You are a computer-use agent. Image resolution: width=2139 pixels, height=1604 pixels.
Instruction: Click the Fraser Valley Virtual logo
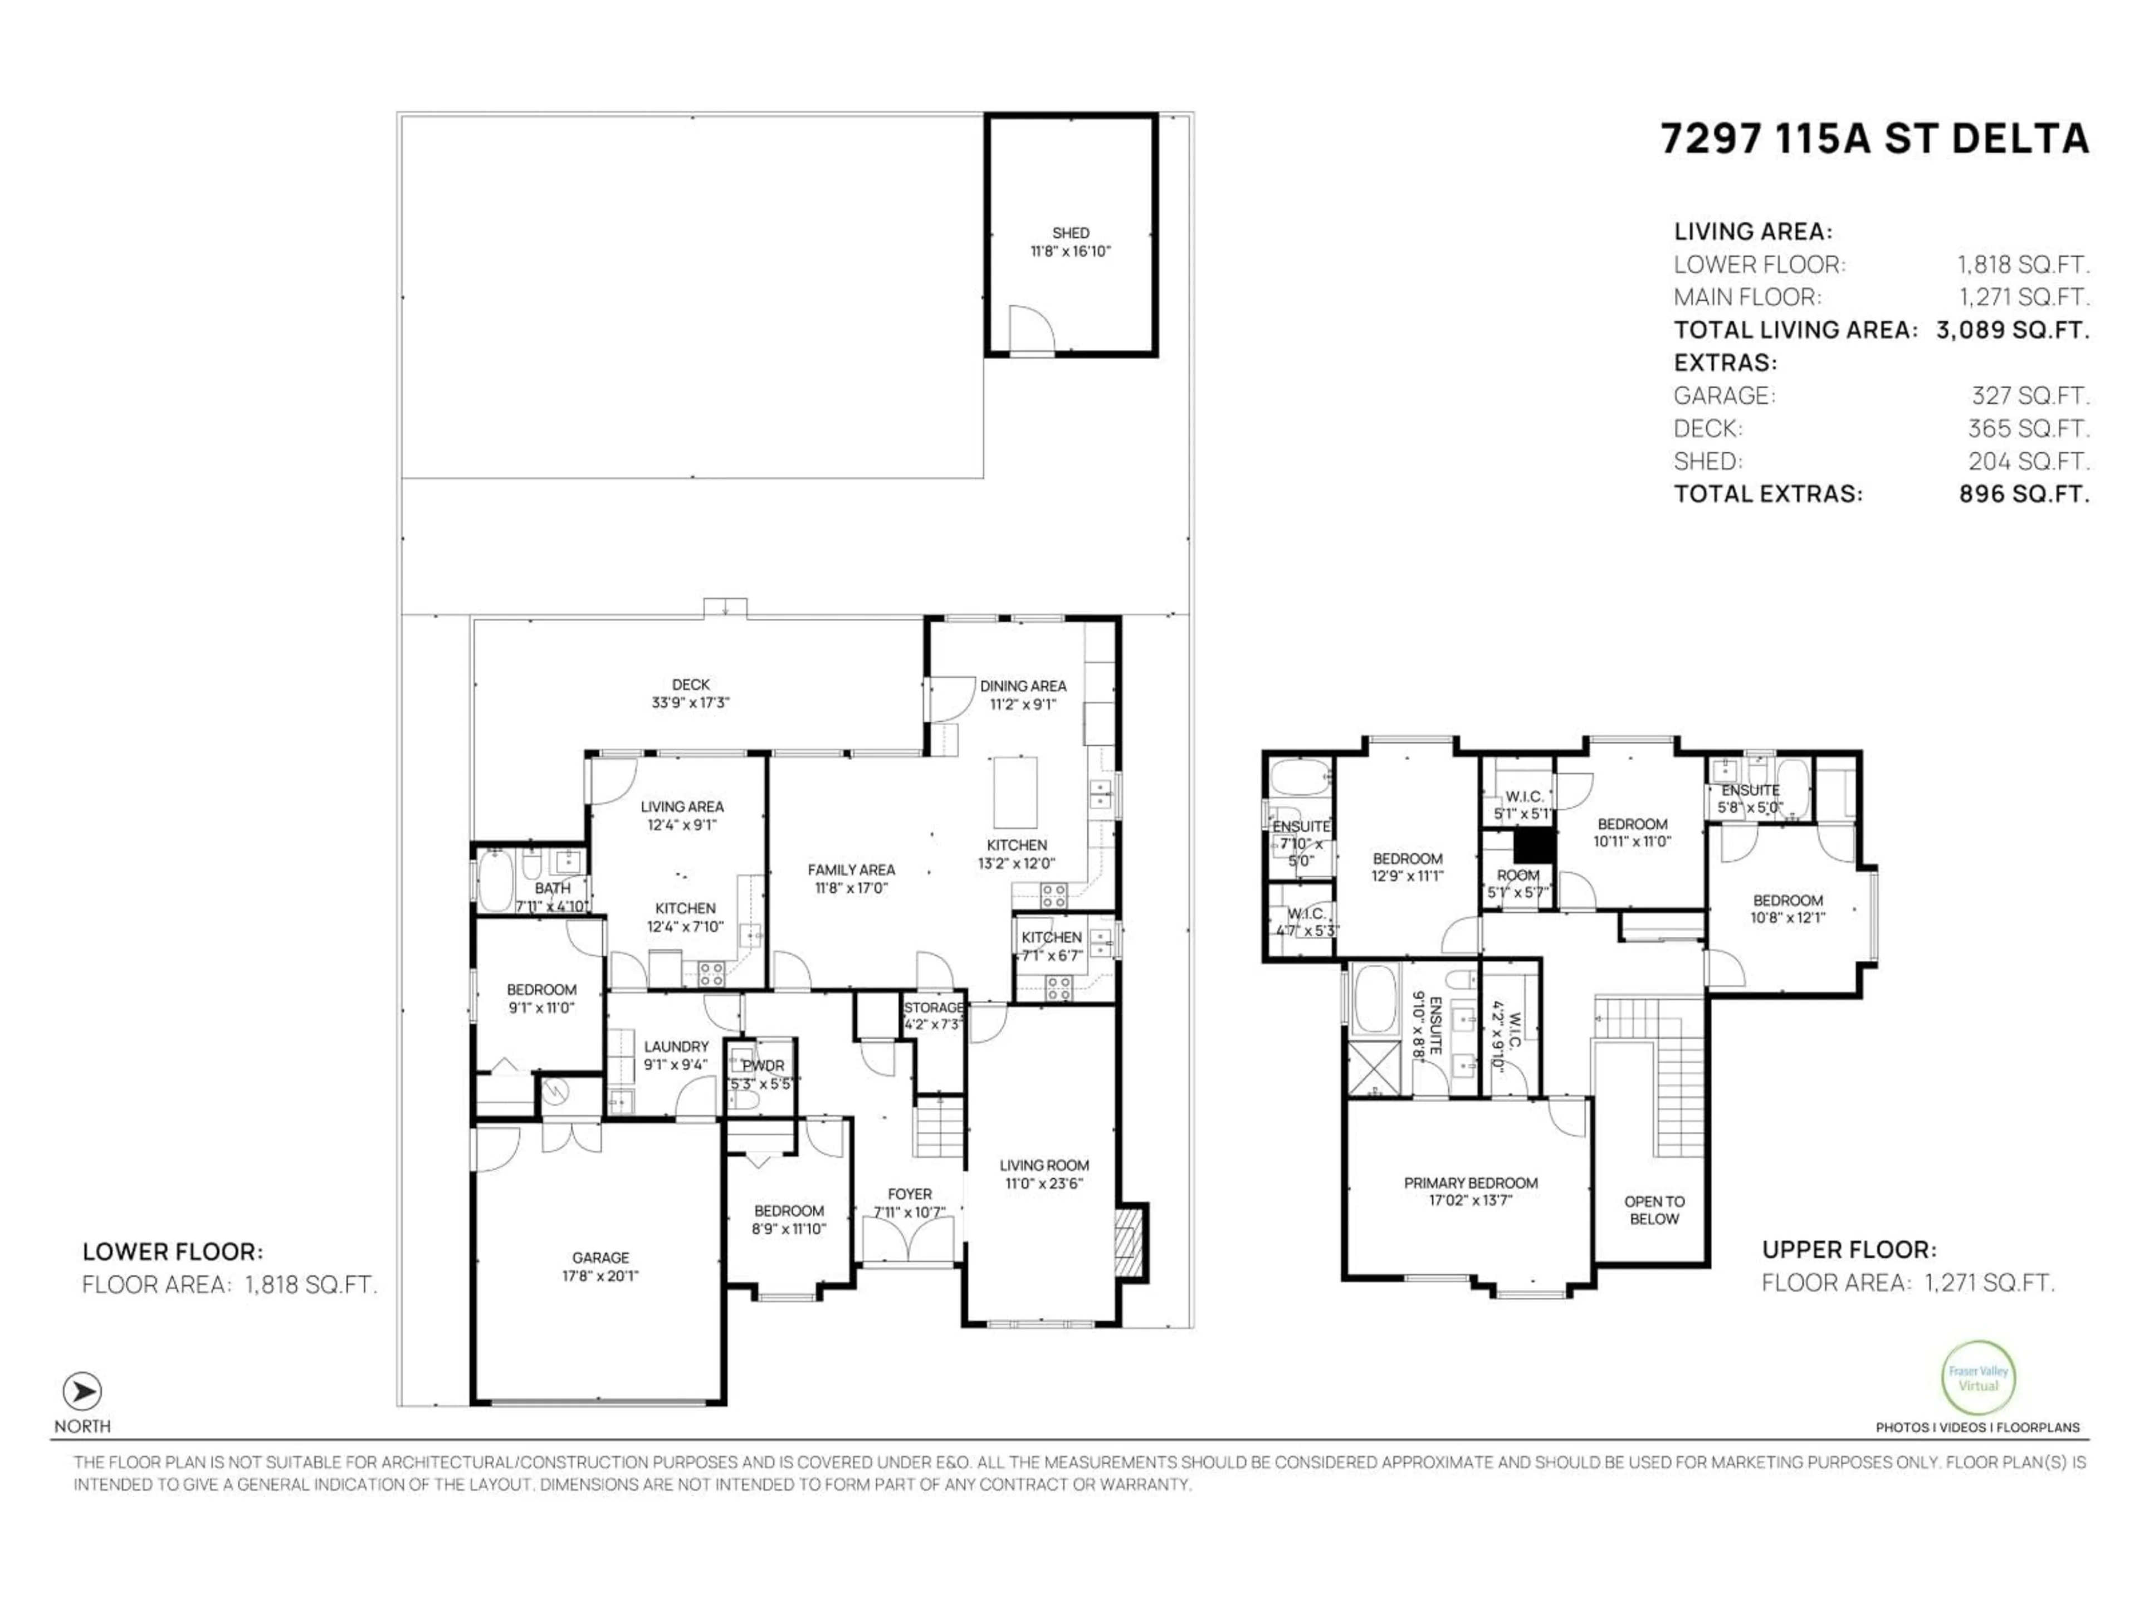tap(1977, 1379)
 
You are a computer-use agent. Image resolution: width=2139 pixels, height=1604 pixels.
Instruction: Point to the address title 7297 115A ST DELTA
tap(1874, 139)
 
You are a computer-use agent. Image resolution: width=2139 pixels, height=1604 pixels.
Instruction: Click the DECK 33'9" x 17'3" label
tap(690, 693)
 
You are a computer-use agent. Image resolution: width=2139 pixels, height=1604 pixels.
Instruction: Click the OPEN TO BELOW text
tap(1654, 1210)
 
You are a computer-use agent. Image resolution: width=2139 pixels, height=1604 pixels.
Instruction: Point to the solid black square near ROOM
tap(1533, 847)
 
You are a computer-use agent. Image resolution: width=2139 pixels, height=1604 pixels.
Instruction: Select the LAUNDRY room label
tap(676, 1046)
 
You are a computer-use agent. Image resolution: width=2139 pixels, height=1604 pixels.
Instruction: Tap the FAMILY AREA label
tap(851, 870)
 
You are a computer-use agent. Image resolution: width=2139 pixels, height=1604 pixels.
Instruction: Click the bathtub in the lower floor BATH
tap(495, 881)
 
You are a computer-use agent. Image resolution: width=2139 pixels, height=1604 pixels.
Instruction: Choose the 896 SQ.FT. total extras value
tap(2023, 494)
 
